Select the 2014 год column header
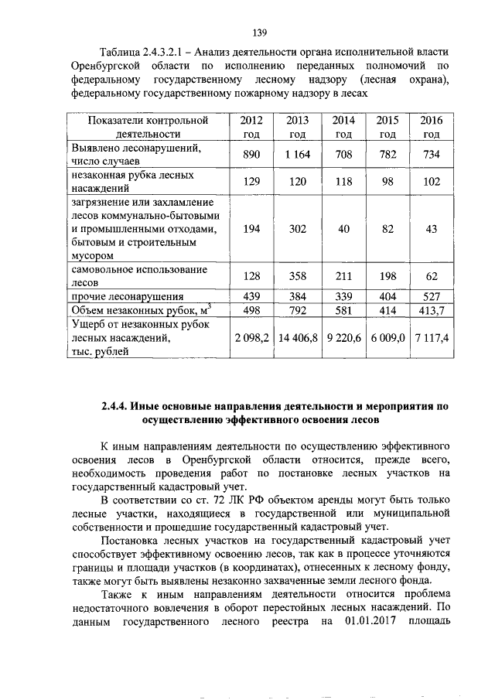click(343, 127)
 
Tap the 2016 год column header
click(432, 127)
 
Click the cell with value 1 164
click(297, 155)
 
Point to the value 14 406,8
click(297, 337)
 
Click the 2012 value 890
click(251, 155)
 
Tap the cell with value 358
click(297, 276)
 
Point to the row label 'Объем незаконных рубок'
click(139, 310)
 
